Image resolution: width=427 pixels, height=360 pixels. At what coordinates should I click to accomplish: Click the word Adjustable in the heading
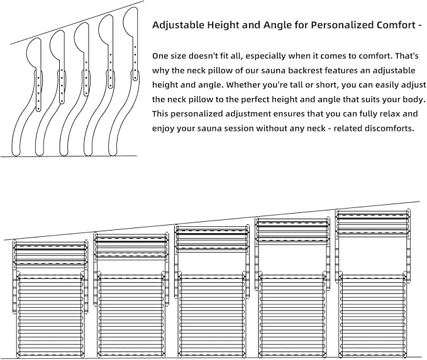[179, 25]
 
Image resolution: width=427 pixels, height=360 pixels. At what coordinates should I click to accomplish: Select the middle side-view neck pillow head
[82, 38]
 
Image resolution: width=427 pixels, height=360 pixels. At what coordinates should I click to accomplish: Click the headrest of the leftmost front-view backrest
[50, 255]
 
